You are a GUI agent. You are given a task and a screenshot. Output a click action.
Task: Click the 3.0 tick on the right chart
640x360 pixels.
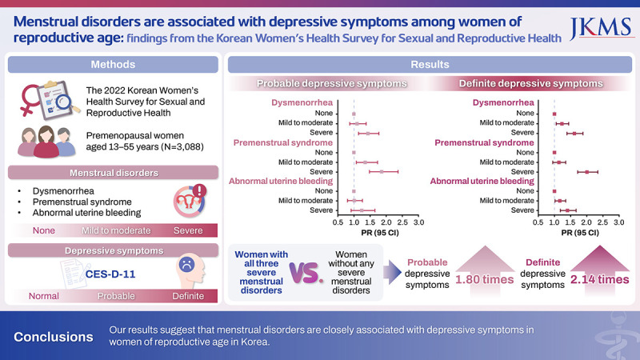[618, 222]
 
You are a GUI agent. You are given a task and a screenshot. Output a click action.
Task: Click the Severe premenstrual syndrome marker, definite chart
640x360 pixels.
[586, 171]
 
